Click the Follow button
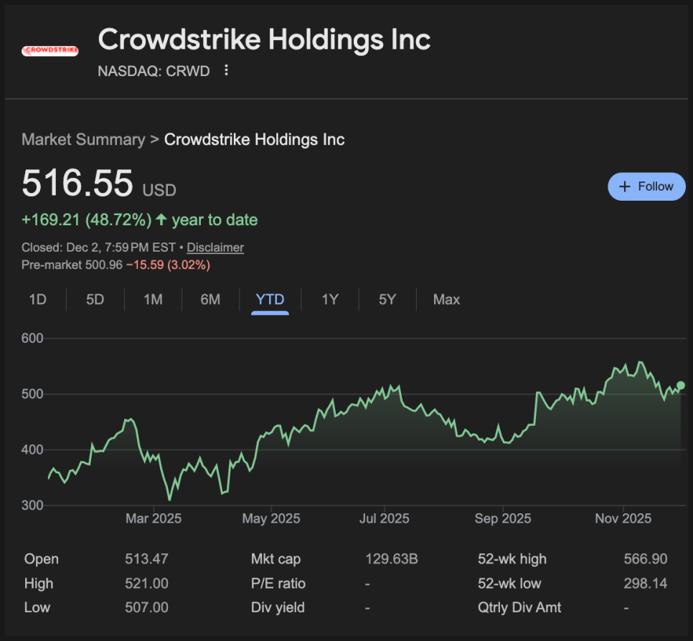tap(646, 186)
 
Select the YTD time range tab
tap(270, 300)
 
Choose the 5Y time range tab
tap(387, 300)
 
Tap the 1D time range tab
tap(37, 300)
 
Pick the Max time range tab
tap(446, 300)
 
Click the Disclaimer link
tap(215, 247)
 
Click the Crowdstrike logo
tap(50, 51)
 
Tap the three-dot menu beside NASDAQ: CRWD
tap(227, 70)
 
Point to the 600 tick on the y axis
tap(32, 338)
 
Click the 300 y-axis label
tap(32, 505)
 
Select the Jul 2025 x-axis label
tap(384, 518)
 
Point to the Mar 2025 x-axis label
tap(153, 518)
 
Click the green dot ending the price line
tap(681, 386)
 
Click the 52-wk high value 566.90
tap(646, 559)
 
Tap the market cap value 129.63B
tap(391, 559)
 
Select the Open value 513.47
tap(146, 559)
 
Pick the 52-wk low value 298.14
tap(646, 584)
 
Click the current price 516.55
tap(77, 183)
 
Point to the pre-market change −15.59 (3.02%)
tap(168, 265)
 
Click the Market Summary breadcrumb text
tap(83, 139)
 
